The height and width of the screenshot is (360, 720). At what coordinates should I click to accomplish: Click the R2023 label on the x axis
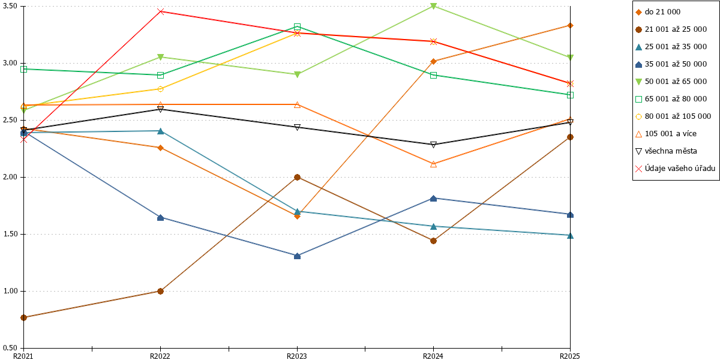click(x=297, y=356)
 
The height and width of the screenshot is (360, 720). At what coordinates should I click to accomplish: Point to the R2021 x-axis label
click(x=23, y=356)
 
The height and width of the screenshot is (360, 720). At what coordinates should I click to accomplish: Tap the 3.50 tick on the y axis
click(x=10, y=6)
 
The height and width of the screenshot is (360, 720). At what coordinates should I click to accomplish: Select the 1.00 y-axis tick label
click(x=10, y=291)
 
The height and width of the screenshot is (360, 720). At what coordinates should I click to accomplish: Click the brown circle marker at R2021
click(x=24, y=318)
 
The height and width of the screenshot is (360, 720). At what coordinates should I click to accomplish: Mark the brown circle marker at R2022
click(x=160, y=291)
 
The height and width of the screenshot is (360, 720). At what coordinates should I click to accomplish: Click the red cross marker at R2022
click(x=160, y=11)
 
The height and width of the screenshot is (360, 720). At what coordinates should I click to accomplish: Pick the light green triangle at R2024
click(x=433, y=6)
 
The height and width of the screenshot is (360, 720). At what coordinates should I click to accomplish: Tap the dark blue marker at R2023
click(x=297, y=256)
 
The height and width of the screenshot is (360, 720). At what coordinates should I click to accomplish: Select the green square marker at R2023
click(x=297, y=26)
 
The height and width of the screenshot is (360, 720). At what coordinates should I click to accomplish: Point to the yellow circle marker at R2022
click(x=160, y=89)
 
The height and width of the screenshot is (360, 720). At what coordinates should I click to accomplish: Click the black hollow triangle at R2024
click(x=433, y=145)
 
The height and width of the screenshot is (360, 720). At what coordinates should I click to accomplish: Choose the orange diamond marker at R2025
click(x=570, y=26)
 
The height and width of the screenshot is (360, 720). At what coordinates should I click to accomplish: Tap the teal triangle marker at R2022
click(x=160, y=131)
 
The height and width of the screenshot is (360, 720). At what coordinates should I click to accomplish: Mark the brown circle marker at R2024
click(x=433, y=241)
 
